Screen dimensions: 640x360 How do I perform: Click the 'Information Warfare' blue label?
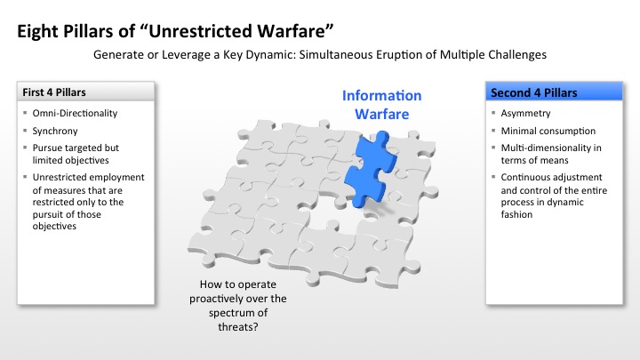[x=381, y=105]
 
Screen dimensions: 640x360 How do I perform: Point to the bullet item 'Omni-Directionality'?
[x=75, y=113]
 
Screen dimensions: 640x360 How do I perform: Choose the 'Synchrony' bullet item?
[x=55, y=131]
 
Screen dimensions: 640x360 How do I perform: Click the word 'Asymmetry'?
[x=525, y=114]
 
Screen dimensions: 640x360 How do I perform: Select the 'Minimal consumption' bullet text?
[x=548, y=131]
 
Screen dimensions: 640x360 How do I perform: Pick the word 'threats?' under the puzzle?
[x=238, y=327]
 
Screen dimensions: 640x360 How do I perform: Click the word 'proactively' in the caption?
[x=215, y=299]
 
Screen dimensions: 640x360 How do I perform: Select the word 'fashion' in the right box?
[x=516, y=214]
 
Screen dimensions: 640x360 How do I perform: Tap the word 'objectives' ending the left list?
[x=54, y=227]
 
